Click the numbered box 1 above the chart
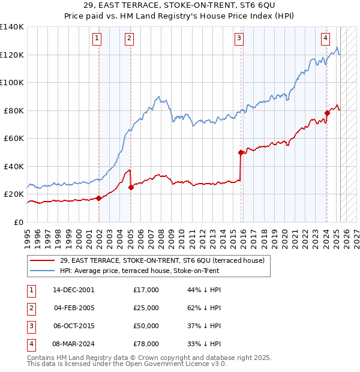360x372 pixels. [97, 39]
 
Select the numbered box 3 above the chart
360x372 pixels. [239, 39]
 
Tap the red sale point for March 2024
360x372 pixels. [327, 113]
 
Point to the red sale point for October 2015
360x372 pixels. [241, 152]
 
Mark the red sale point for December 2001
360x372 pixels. [99, 198]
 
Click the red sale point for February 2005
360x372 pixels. [131, 187]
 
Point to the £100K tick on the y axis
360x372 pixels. [14, 83]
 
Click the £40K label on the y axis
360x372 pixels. [14, 166]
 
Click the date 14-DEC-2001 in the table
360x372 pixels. [73, 290]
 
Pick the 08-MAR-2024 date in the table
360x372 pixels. [73, 344]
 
